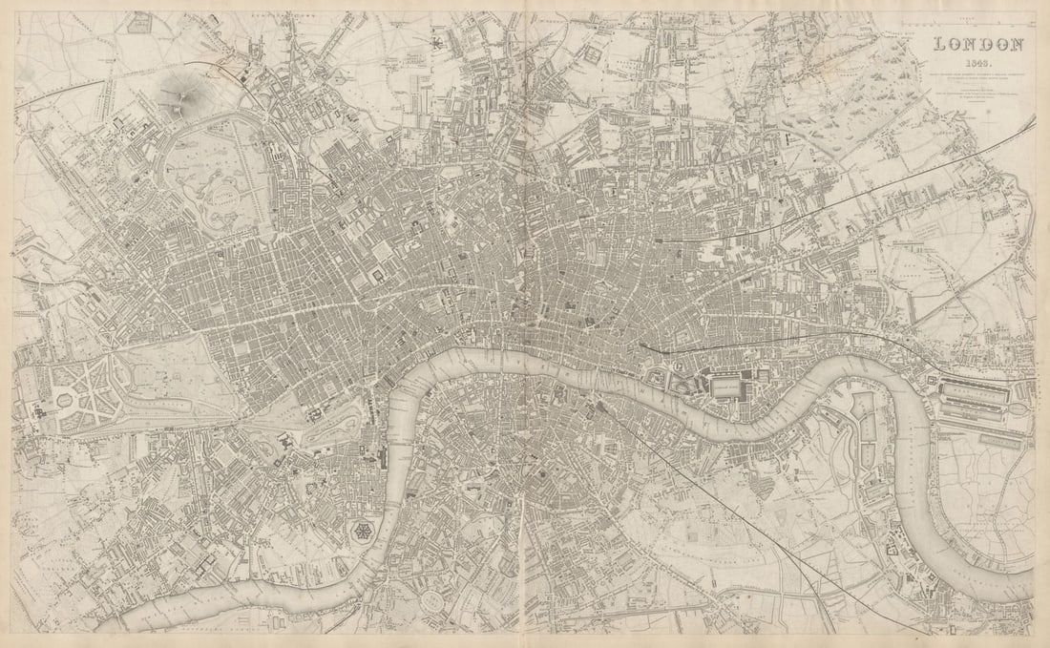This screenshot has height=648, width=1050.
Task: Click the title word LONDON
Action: pos(979,44)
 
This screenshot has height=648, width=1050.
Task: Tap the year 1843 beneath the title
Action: pos(979,62)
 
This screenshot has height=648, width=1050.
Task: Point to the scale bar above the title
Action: pos(979,21)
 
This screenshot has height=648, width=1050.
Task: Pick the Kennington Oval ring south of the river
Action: pos(435,600)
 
